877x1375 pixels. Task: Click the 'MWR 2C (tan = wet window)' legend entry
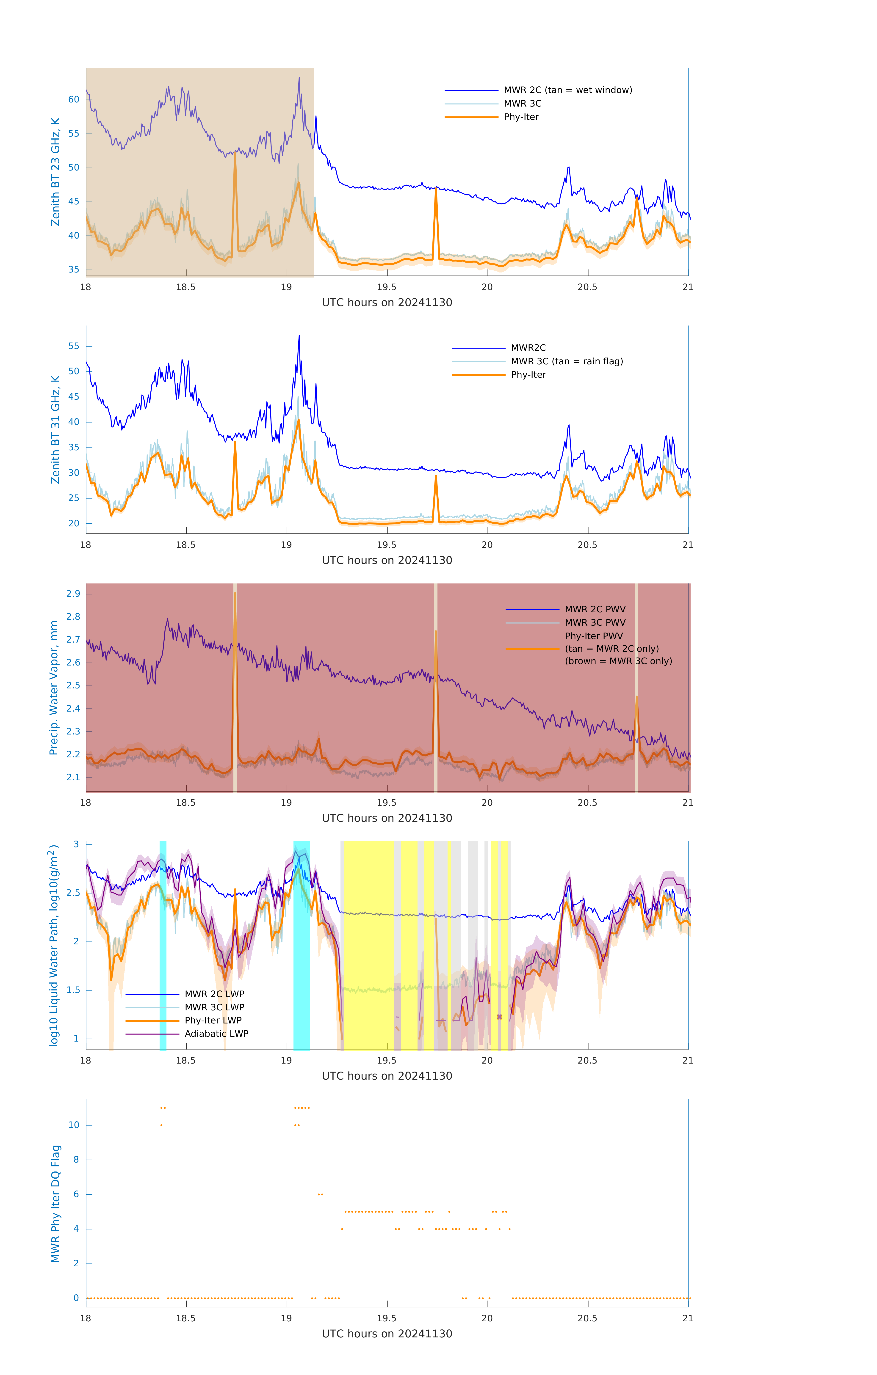tap(567, 90)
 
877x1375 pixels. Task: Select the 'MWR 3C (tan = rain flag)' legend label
tap(566, 361)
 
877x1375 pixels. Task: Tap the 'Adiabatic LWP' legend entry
tap(216, 1034)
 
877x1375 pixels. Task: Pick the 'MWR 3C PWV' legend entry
tap(595, 622)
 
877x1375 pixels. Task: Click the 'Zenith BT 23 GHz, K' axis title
tap(55, 172)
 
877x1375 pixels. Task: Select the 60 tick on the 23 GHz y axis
tap(74, 99)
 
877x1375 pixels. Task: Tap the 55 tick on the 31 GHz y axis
tap(74, 346)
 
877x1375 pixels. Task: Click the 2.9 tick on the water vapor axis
tap(73, 594)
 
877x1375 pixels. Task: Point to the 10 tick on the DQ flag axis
tap(74, 1125)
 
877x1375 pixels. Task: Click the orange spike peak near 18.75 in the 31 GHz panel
tap(235, 442)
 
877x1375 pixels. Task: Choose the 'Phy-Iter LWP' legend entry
tap(213, 1020)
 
